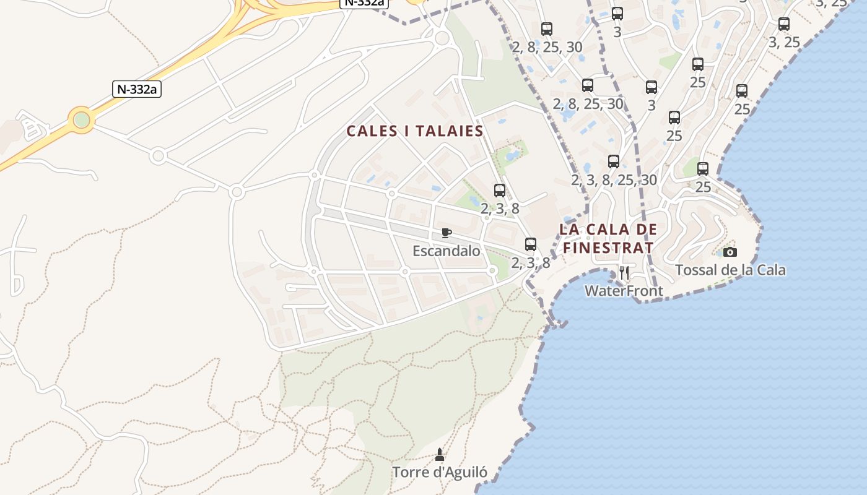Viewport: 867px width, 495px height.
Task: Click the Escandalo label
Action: coord(446,251)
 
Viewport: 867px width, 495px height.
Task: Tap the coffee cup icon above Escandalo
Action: coord(446,233)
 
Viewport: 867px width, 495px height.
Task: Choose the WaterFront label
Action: coord(624,291)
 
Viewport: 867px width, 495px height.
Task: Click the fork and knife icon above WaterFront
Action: coord(624,272)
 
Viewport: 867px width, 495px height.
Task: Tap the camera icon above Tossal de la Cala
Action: coord(730,252)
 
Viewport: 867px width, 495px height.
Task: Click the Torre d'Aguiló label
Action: coord(440,473)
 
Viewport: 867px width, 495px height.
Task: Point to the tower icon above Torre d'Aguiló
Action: coord(440,455)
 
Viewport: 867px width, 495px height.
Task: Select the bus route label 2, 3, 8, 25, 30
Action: coord(614,180)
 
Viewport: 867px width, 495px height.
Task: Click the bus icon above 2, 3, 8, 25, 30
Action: coord(614,161)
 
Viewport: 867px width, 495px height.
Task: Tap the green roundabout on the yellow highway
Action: coord(81,119)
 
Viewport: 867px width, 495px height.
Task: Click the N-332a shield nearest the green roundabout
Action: coord(137,89)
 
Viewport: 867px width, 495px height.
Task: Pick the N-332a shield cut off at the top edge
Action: coord(364,3)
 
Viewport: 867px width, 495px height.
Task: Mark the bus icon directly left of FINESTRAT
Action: coord(531,244)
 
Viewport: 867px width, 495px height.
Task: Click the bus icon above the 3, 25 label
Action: coord(784,24)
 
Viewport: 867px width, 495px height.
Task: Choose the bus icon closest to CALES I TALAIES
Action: coord(500,191)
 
